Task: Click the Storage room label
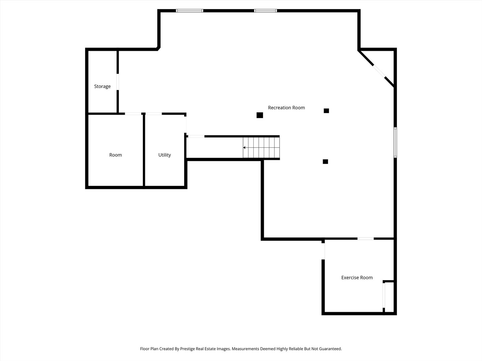click(x=102, y=86)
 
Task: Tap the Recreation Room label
click(x=286, y=108)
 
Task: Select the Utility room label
click(x=164, y=155)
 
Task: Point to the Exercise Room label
click(x=357, y=277)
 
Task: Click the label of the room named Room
click(x=115, y=155)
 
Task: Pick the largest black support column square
click(x=260, y=115)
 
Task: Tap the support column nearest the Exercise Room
click(x=325, y=161)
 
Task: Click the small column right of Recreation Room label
click(x=326, y=111)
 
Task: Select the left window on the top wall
click(x=190, y=11)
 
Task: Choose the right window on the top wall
click(x=265, y=11)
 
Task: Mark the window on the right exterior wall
click(x=395, y=142)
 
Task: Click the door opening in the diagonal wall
click(x=379, y=71)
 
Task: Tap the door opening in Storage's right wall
click(x=117, y=82)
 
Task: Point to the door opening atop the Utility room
click(x=154, y=114)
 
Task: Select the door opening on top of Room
click(x=133, y=114)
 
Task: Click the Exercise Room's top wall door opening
click(x=366, y=239)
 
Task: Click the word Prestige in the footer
click(x=187, y=349)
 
